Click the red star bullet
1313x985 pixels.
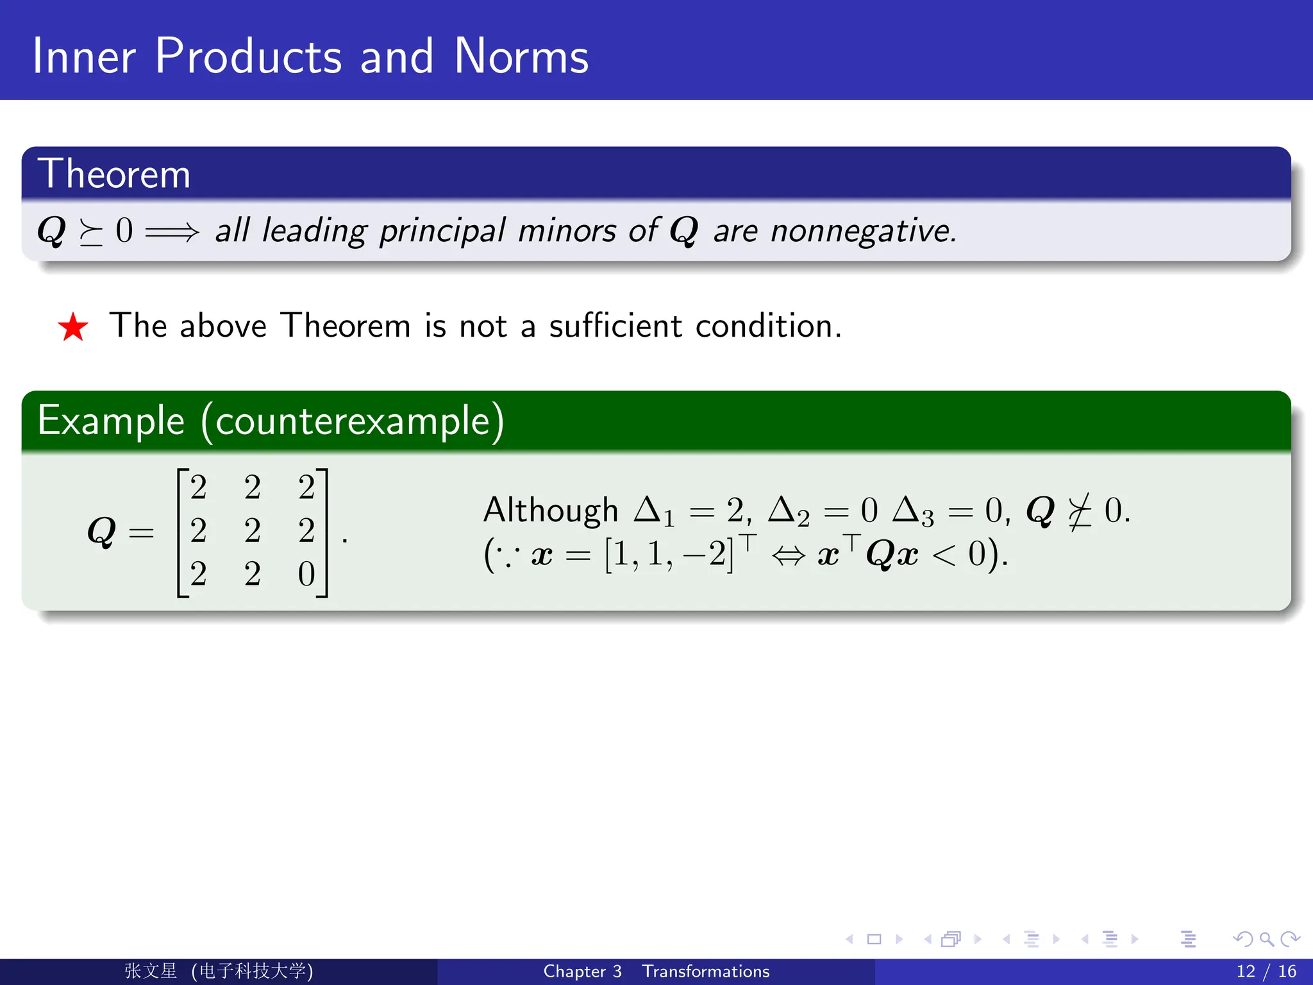coord(73,327)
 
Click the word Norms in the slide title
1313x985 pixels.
coord(521,56)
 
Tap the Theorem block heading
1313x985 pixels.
coord(114,174)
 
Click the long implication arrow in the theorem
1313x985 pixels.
coord(172,232)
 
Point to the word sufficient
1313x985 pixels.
coord(615,325)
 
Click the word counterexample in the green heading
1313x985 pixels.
coord(353,421)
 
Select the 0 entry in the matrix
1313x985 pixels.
coord(306,574)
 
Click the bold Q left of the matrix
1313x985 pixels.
coord(101,532)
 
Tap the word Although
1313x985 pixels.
coord(550,510)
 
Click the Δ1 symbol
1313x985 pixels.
coord(653,512)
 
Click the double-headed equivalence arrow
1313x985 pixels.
coord(788,555)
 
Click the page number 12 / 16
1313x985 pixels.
coord(1266,971)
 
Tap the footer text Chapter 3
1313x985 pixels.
coord(582,971)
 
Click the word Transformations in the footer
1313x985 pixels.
coord(705,971)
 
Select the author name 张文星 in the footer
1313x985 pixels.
coord(150,971)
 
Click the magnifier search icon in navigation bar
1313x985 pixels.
coord(1266,939)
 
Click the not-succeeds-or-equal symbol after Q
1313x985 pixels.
coord(1080,512)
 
